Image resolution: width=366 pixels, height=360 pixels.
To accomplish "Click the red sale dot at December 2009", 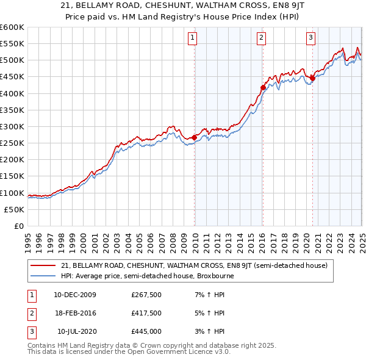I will tap(195, 137).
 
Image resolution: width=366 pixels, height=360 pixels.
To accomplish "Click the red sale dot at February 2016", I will tap(263, 87).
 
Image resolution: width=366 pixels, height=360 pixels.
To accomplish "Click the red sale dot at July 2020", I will tap(312, 78).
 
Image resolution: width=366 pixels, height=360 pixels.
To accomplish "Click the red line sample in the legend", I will tap(43, 266).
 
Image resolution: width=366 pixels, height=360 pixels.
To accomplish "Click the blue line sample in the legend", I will tap(43, 276).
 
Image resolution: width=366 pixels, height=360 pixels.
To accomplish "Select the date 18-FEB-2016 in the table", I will tap(75, 314).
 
